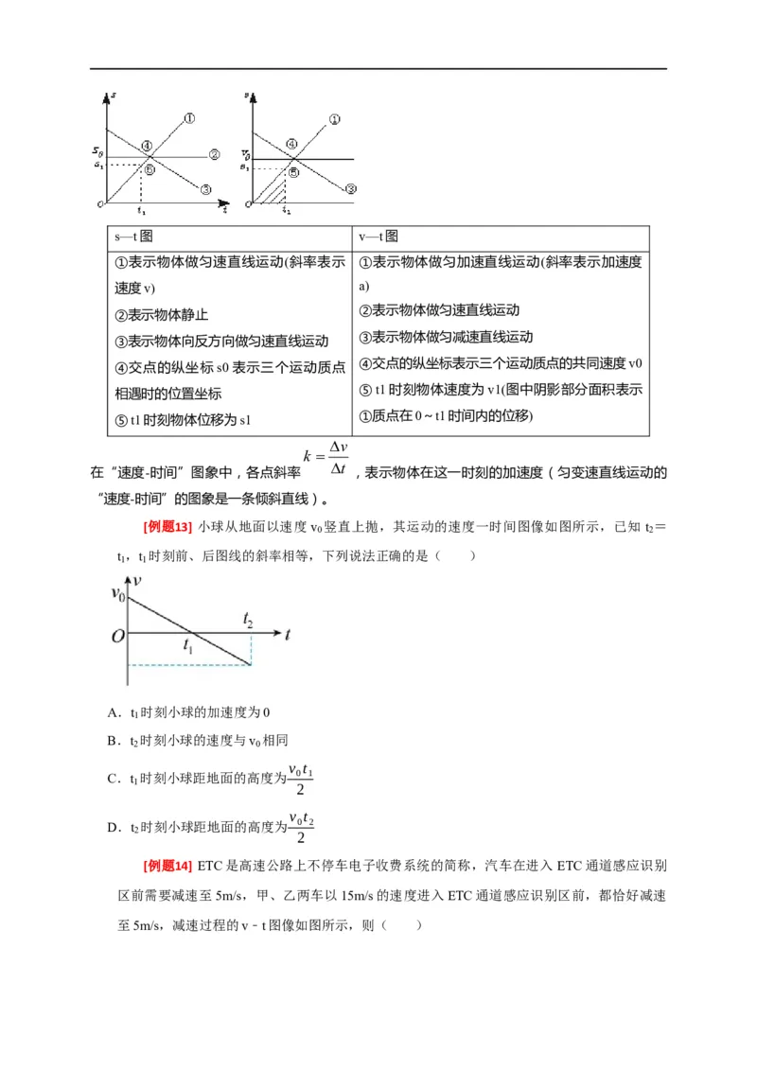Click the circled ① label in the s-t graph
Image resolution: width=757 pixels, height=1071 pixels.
click(189, 118)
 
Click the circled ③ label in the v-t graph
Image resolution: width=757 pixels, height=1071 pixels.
click(350, 189)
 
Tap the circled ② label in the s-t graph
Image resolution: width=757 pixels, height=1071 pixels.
click(215, 154)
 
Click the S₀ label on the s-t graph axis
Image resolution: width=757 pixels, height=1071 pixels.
click(97, 151)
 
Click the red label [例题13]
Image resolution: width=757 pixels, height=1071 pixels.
click(167, 526)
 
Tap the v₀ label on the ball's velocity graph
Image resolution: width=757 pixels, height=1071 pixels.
click(118, 594)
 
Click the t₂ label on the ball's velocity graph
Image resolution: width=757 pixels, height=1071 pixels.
click(248, 620)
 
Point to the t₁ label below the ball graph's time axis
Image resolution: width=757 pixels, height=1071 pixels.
click(188, 647)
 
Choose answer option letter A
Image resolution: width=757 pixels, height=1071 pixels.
click(113, 712)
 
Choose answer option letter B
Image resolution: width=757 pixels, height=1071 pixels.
click(113, 743)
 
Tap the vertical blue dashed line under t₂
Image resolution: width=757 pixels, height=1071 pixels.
click(252, 648)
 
